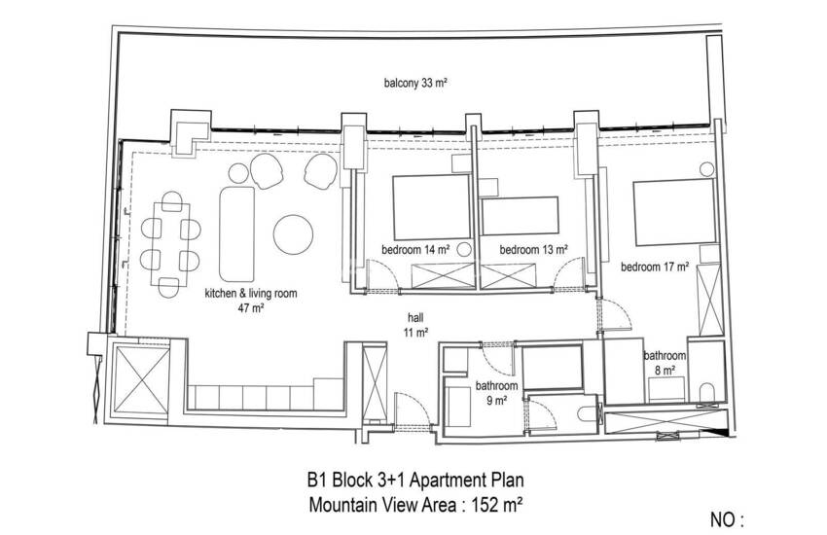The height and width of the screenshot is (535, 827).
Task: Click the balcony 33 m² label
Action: coord(415,83)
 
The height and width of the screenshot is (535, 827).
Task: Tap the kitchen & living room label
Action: coord(250,300)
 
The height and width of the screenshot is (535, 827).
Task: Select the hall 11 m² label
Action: coord(415,325)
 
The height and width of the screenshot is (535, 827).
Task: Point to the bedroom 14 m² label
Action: coord(415,249)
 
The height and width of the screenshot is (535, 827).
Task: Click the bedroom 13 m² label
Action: coord(534,249)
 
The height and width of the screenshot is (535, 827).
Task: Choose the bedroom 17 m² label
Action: coord(655,267)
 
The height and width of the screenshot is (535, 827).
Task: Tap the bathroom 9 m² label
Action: coord(496,393)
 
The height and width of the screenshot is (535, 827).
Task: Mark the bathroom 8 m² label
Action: coord(665,363)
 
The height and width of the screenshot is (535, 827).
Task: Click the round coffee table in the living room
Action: coord(293,234)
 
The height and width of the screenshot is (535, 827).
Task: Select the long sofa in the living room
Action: coord(236,233)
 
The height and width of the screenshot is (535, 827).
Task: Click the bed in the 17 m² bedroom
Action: coord(674,212)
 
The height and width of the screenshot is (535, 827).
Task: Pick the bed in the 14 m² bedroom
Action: coord(431,207)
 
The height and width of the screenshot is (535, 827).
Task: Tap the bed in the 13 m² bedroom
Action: coord(520,216)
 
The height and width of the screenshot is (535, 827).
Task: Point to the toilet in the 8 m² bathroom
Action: coord(706,393)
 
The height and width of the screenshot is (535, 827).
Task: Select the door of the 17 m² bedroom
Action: coord(615,314)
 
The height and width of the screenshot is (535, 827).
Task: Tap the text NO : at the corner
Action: coord(727,519)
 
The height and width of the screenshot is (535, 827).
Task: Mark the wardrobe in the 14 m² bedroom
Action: coord(443,275)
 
